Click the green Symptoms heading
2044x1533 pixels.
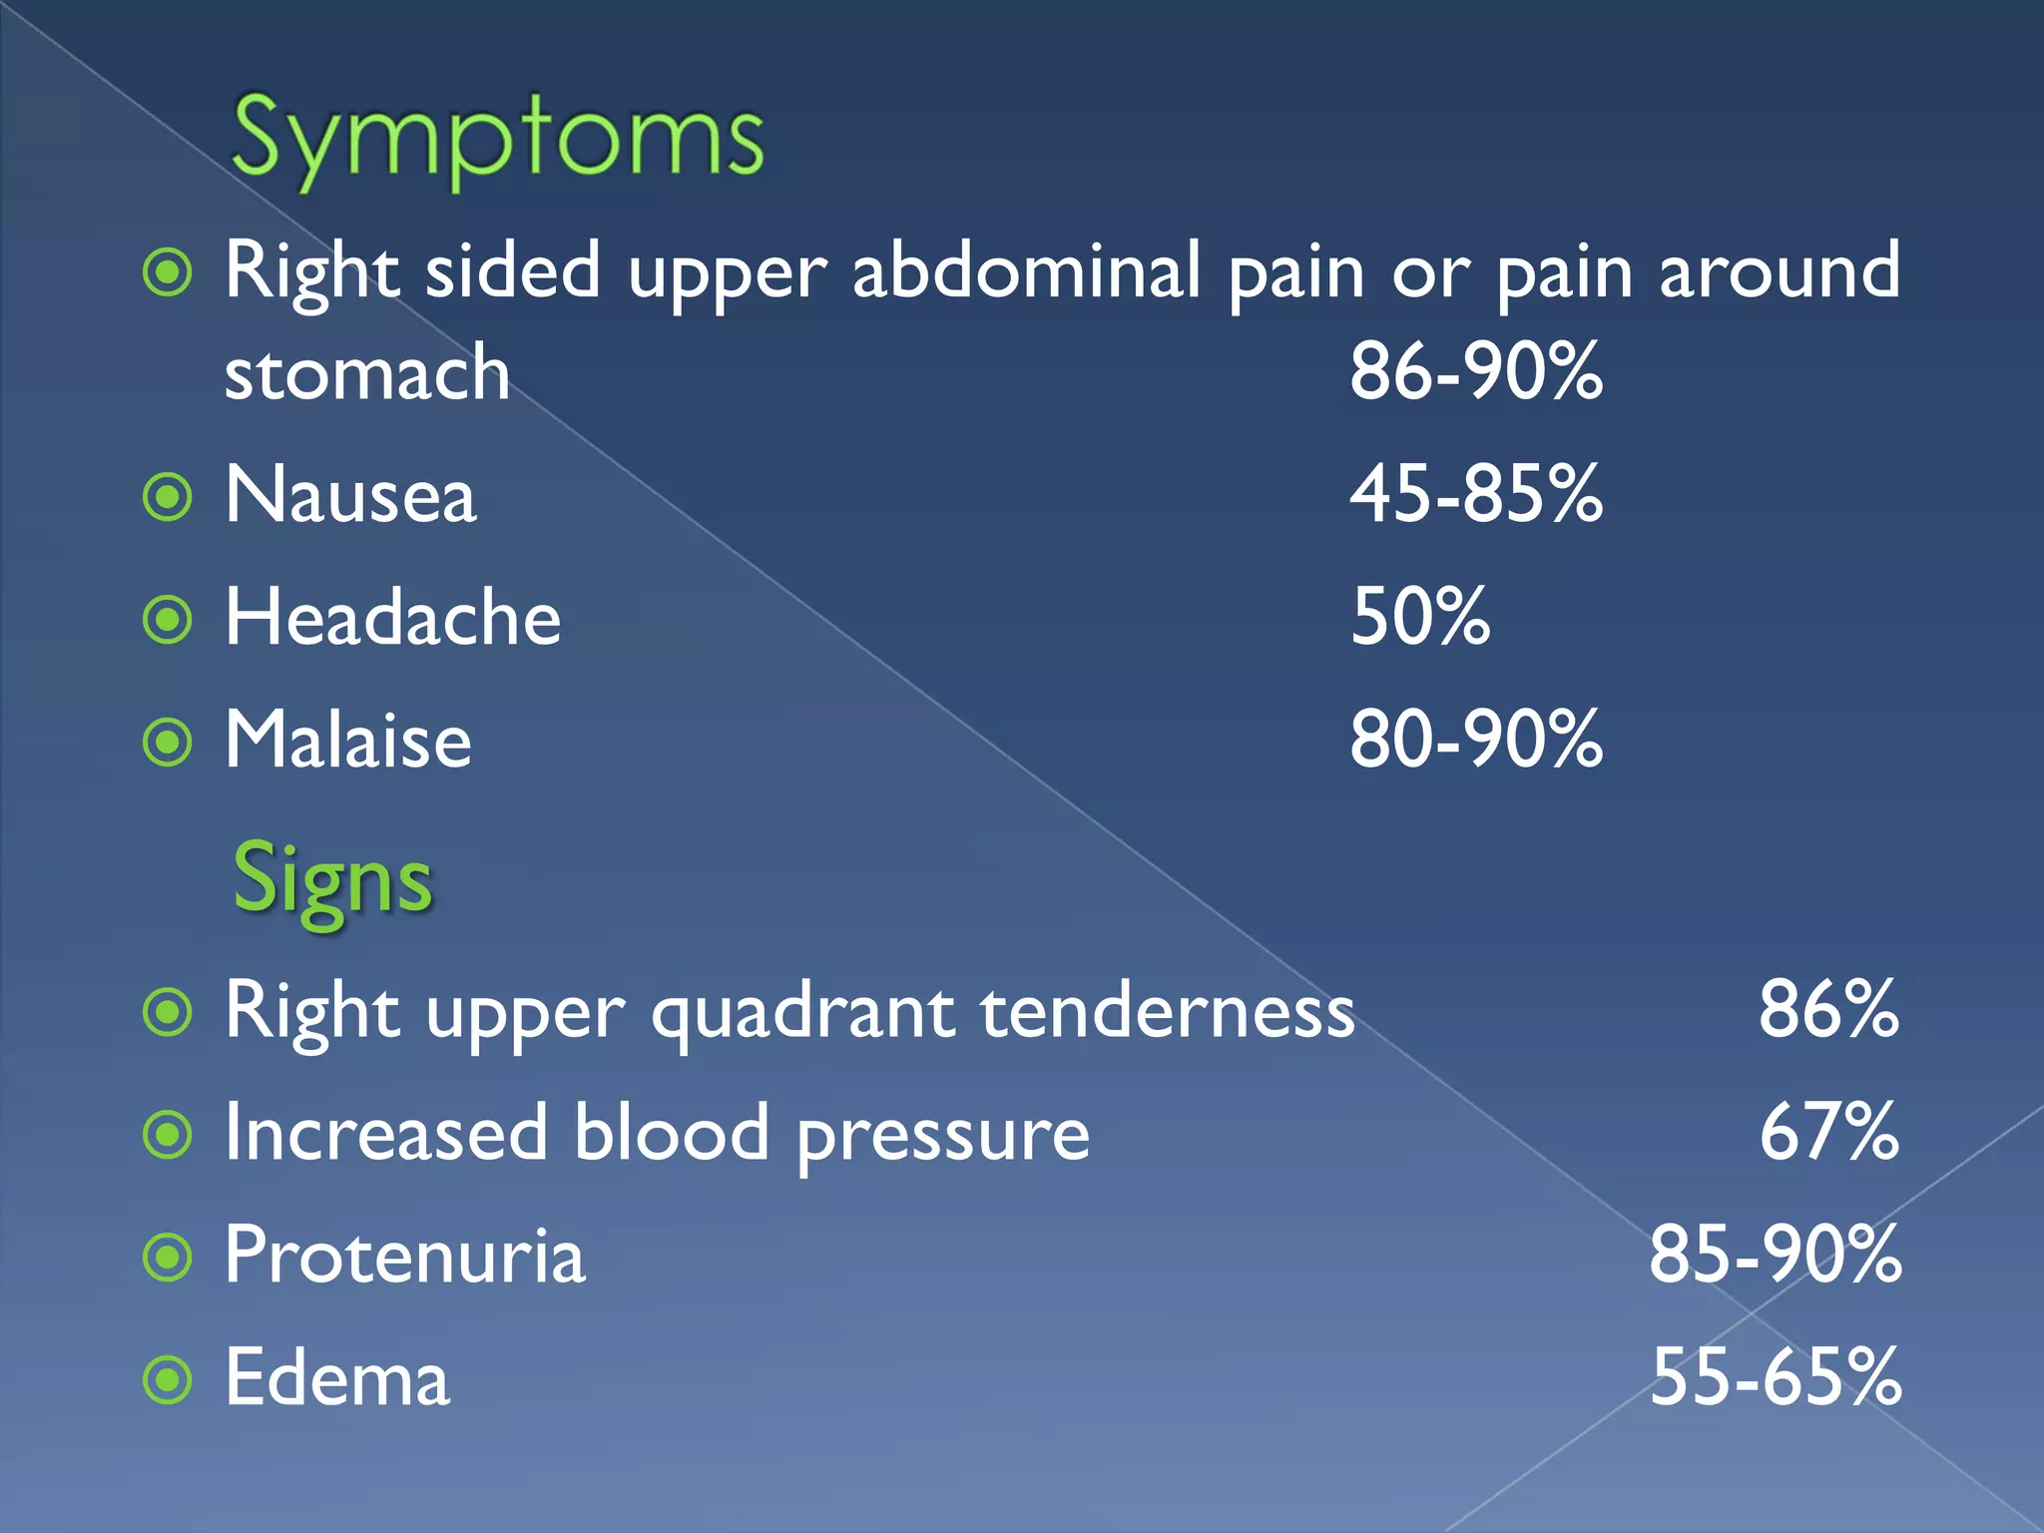tap(497, 140)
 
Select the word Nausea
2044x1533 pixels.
tap(350, 495)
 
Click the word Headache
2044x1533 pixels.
tap(392, 618)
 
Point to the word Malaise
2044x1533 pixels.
tap(347, 741)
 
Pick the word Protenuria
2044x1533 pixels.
tap(404, 1256)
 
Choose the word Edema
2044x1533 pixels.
tap(337, 1378)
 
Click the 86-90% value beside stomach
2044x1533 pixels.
tap(1476, 371)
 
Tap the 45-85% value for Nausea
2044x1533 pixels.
tap(1476, 495)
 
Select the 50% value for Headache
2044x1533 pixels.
tap(1420, 618)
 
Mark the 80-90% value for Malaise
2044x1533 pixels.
tap(1476, 741)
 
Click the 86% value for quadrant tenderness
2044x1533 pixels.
tap(1828, 1010)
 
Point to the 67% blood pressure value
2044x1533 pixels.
tap(1828, 1133)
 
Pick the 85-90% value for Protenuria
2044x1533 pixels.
tap(1775, 1256)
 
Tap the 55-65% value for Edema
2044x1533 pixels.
tap(1775, 1378)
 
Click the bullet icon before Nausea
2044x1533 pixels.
tap(168, 497)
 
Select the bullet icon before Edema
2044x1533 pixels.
tap(168, 1380)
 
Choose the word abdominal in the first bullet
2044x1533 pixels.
tap(1026, 270)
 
